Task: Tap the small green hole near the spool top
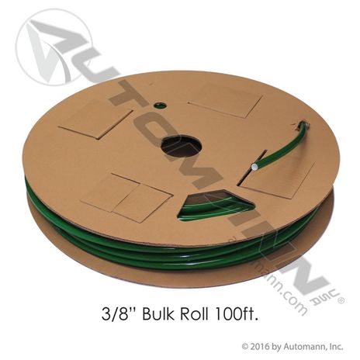click(160, 106)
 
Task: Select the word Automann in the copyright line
click(300, 347)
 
